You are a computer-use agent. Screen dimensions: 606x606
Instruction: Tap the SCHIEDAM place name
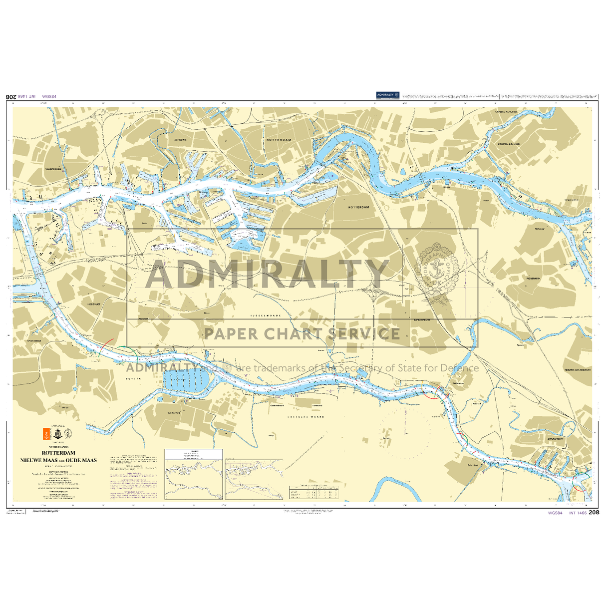pos(180,140)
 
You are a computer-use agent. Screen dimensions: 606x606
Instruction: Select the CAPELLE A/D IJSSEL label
pos(506,112)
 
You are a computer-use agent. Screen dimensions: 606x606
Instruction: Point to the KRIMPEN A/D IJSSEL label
pos(509,144)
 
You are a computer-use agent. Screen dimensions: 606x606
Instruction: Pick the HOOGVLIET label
pos(94,303)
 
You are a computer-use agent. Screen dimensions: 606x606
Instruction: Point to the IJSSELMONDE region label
pos(266,316)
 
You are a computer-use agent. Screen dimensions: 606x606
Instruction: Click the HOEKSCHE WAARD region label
pos(304,416)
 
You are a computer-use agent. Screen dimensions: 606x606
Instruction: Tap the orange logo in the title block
pos(44,434)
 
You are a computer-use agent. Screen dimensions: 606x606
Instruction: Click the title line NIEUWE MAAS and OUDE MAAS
pos(59,460)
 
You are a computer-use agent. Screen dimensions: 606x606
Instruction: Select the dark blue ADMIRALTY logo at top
pos(388,95)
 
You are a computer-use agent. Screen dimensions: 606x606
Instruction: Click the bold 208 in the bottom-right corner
pos(594,512)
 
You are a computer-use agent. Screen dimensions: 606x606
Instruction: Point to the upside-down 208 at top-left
pos(10,96)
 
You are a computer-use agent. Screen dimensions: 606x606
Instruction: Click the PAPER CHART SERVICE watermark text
pos(302,333)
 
